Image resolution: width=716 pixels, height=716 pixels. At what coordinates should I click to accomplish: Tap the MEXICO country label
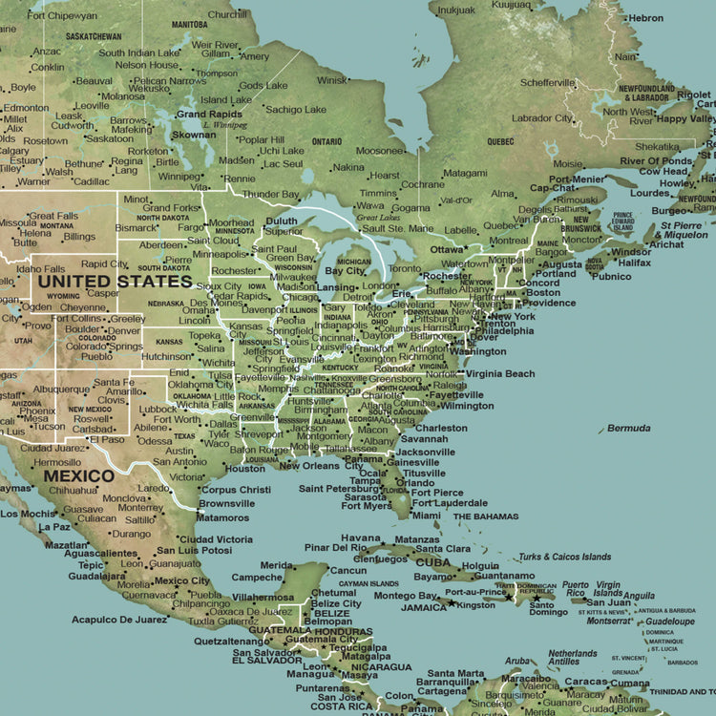pos(79,474)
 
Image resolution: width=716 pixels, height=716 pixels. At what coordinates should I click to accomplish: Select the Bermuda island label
pos(628,428)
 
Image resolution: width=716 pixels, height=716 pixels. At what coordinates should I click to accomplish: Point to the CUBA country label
pos(432,562)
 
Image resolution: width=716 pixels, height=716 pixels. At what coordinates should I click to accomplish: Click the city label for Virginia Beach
pos(500,374)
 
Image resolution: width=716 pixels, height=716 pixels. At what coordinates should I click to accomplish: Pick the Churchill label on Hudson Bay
pos(227,14)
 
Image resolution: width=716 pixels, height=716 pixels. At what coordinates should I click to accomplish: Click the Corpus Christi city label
pos(236,490)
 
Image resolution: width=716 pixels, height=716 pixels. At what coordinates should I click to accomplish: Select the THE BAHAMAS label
pos(486,516)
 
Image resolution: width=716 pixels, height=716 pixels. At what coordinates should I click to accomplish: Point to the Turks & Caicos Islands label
pos(564,557)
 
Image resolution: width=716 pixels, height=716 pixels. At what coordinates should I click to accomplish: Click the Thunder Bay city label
pos(271,194)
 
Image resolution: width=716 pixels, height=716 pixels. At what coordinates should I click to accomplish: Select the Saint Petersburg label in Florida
pos(340,489)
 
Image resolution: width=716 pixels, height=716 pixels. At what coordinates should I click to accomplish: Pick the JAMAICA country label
pos(423,607)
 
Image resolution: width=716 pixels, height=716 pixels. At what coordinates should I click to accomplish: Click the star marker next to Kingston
pos(451,603)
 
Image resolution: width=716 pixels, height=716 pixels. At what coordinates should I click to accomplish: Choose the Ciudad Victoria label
pos(215,538)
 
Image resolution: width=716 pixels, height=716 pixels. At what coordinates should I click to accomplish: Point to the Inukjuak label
pos(456,9)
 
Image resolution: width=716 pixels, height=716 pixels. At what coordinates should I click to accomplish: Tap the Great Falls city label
pos(53,216)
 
